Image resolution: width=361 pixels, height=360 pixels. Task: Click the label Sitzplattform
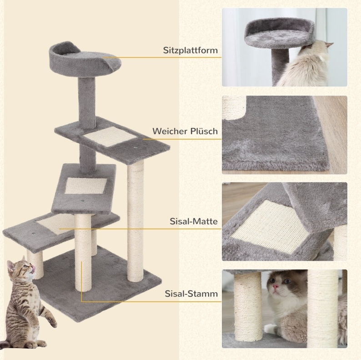(191, 50)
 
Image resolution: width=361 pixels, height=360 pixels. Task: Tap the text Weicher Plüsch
(185, 131)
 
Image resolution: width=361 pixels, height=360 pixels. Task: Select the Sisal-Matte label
(194, 221)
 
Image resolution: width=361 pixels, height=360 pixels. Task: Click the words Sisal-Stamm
(191, 294)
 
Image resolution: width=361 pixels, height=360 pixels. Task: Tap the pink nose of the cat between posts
(275, 286)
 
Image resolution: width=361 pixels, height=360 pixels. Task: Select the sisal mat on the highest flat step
(110, 136)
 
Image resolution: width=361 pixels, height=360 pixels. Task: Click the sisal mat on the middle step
(85, 186)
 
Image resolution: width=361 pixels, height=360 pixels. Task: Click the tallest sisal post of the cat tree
(135, 220)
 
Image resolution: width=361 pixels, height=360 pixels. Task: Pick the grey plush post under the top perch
(86, 102)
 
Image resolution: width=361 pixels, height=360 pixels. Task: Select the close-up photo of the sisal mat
(284, 222)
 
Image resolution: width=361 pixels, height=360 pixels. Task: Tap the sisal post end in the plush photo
(234, 107)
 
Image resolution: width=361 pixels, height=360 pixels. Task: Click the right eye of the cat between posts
(287, 281)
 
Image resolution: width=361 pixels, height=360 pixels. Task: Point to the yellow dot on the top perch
(103, 57)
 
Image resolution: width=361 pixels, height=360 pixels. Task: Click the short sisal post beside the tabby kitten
(35, 264)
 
